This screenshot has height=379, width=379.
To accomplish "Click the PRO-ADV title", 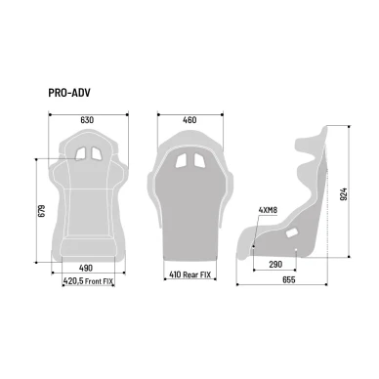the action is [x=69, y=93].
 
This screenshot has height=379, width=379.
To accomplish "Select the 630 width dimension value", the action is [x=87, y=120].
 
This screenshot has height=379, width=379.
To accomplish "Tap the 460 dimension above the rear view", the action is [x=189, y=120].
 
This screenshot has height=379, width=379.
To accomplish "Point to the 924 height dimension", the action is [x=343, y=194].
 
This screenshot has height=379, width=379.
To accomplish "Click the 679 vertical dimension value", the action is [x=41, y=211].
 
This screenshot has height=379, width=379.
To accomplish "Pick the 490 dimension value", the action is [x=86, y=268].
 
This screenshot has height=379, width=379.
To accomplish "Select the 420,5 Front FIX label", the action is [x=88, y=281].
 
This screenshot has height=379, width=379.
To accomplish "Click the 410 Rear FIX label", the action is [x=189, y=274].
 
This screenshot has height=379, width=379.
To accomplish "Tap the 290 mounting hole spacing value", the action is [x=275, y=265].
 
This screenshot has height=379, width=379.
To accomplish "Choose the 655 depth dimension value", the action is [x=289, y=279].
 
